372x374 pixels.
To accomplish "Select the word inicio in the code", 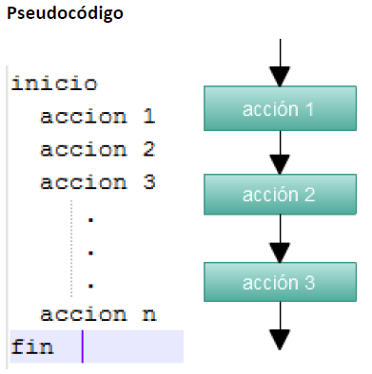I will [x=54, y=84].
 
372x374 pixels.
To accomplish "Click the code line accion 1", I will [x=97, y=118].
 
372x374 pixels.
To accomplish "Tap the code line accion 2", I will [x=97, y=150].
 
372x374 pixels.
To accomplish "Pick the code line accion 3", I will [x=97, y=182].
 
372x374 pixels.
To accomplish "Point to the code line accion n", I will [x=97, y=314].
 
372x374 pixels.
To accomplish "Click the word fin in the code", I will [x=32, y=346].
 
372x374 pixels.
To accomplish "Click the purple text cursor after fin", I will [x=83, y=346].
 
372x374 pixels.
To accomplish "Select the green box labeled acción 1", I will [x=278, y=109].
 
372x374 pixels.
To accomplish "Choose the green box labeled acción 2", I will [x=278, y=196].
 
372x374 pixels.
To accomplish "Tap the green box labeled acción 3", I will [x=278, y=282].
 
